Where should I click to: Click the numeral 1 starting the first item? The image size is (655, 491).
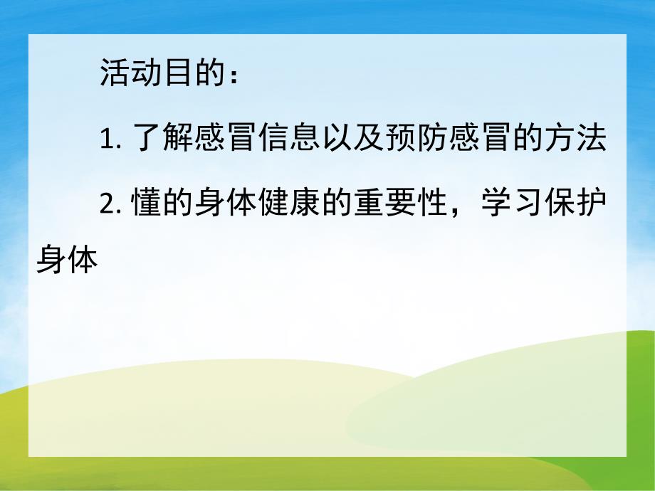106,142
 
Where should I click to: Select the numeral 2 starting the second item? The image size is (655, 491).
107,204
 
